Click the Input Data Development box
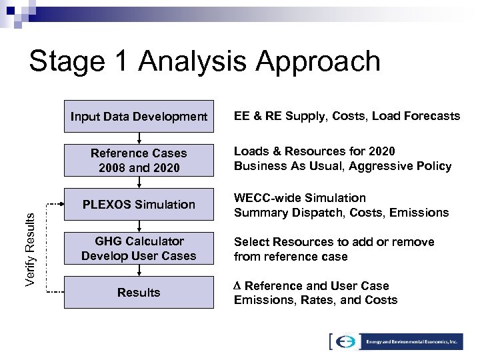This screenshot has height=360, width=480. pos(139,117)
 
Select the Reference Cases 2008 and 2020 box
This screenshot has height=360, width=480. pos(139,161)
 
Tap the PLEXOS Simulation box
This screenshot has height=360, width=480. pos(139,205)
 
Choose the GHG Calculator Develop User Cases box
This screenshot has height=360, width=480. pos(139,248)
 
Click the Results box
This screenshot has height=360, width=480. pos(139,292)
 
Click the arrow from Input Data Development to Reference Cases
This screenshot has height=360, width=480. pos(139,137)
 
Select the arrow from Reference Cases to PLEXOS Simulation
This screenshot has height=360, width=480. pos(139,182)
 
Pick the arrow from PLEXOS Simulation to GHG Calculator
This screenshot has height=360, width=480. pos(139,225)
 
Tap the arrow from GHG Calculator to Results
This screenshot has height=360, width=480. pos(139,269)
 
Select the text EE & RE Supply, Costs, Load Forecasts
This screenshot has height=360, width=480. pos(347,117)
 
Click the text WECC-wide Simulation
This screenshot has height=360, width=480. pos(299,198)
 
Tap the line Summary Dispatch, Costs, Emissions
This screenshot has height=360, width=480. pos(341,213)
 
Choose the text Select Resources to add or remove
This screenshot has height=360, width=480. pos(333,242)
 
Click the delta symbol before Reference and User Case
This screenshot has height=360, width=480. pos(237,286)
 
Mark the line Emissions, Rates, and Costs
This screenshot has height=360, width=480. pos(315,300)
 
